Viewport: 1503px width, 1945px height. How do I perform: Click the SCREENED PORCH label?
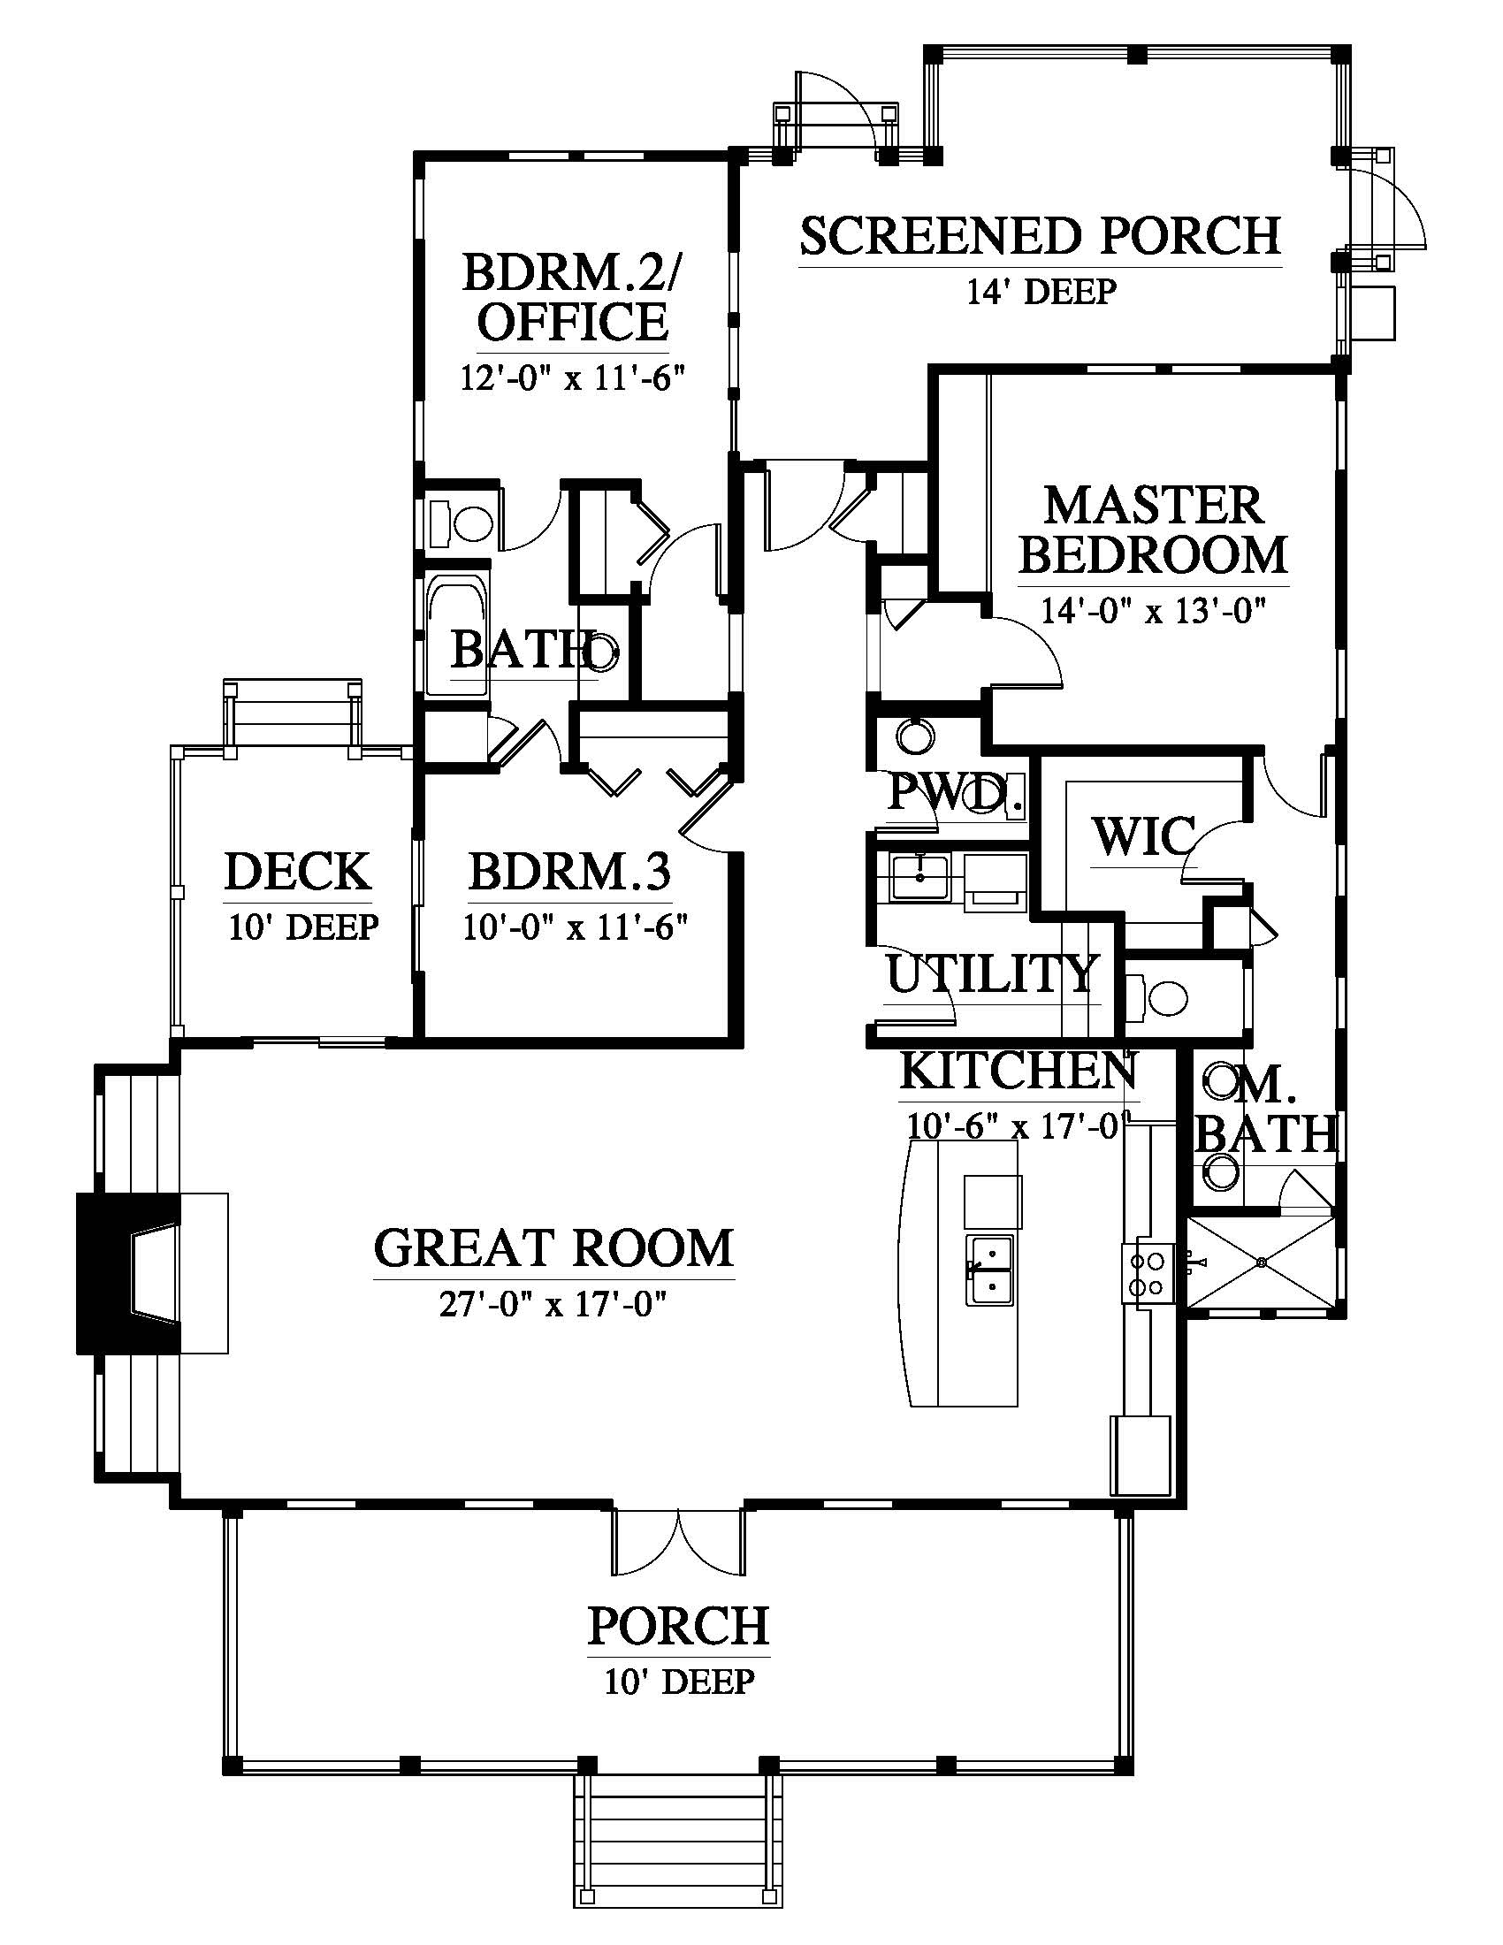[1040, 236]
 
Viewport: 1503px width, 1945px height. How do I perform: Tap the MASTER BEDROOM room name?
[1154, 530]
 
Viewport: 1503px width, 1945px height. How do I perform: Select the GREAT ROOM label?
[553, 1247]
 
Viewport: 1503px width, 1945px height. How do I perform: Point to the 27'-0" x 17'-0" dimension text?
[553, 1306]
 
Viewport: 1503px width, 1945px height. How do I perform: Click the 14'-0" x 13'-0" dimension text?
[1154, 611]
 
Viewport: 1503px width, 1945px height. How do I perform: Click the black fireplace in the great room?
[129, 1273]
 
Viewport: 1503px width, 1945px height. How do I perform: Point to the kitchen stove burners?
[1144, 1274]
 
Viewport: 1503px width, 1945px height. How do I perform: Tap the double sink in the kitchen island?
[990, 1270]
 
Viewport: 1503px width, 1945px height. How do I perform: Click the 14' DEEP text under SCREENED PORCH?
[1041, 291]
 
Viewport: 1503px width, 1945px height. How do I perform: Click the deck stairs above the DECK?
[293, 714]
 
